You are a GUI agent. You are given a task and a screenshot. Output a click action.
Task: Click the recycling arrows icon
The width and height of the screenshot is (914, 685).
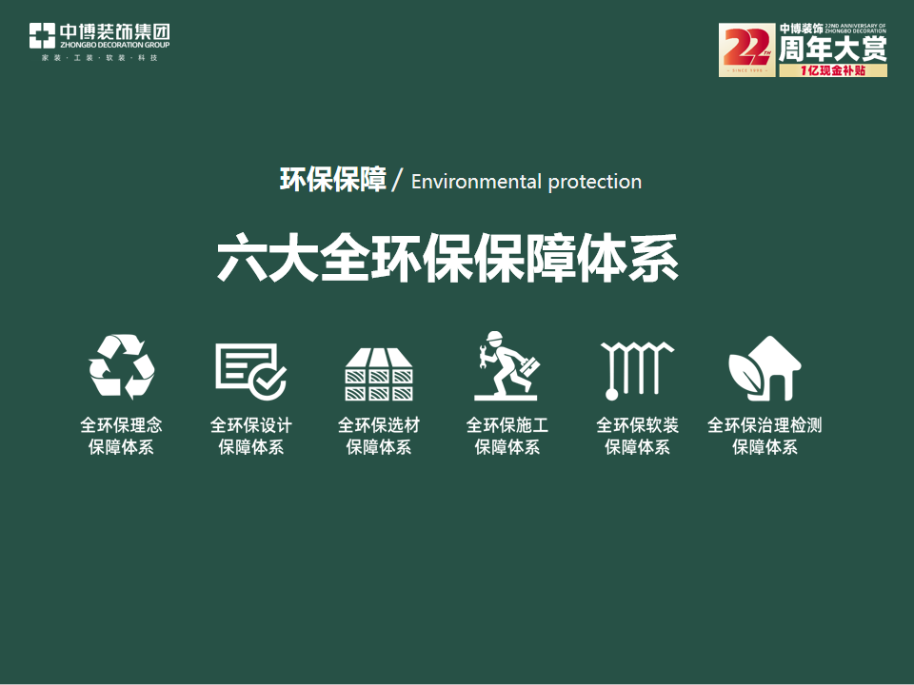pyautogui.click(x=122, y=366)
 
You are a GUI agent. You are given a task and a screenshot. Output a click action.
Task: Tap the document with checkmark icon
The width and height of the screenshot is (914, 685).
pyautogui.click(x=250, y=369)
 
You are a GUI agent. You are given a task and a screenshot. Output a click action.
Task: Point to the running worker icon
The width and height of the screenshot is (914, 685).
pyautogui.click(x=507, y=366)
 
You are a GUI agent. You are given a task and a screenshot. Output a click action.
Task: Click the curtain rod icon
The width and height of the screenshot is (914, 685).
pyautogui.click(x=636, y=369)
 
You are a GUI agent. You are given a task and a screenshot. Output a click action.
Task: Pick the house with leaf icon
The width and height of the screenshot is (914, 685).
pyautogui.click(x=765, y=369)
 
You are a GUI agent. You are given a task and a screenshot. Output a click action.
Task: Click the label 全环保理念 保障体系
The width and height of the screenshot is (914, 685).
pyautogui.click(x=122, y=436)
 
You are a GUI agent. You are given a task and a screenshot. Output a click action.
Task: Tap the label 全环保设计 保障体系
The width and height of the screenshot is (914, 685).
pyautogui.click(x=250, y=436)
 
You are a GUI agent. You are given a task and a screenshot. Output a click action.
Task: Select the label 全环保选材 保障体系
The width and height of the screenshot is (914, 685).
pyautogui.click(x=379, y=436)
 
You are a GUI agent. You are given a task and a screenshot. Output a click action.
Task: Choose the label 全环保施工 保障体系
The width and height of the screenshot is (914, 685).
pyautogui.click(x=507, y=436)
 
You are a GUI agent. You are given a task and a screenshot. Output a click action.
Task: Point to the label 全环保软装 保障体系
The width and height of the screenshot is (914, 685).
pyautogui.click(x=637, y=436)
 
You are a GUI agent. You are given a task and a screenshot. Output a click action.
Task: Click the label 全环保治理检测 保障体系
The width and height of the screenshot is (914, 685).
pyautogui.click(x=765, y=436)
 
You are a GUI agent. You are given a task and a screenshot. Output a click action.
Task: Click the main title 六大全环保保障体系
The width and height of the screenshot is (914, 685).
pyautogui.click(x=448, y=258)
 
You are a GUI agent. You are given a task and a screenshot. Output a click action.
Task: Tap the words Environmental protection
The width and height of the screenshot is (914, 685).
pyautogui.click(x=527, y=182)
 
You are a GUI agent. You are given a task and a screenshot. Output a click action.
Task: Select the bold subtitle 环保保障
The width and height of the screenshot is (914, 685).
pyautogui.click(x=332, y=180)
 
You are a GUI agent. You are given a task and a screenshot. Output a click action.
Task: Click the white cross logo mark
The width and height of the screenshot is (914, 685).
pyautogui.click(x=42, y=36)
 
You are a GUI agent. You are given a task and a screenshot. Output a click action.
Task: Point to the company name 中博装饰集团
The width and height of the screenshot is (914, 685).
pyautogui.click(x=114, y=31)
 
